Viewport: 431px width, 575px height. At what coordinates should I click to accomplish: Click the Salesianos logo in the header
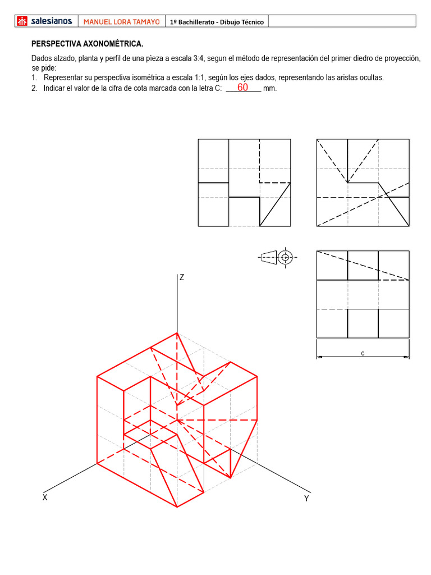click(45, 21)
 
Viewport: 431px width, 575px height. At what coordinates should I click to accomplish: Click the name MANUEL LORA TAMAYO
click(121, 22)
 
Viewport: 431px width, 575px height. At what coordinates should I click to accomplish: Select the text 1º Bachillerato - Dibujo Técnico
click(217, 22)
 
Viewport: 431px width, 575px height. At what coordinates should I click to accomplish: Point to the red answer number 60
click(242, 88)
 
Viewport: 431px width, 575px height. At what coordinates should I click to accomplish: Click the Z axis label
click(182, 277)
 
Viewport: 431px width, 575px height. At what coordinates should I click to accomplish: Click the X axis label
click(44, 498)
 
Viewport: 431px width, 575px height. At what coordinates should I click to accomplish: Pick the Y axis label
click(306, 499)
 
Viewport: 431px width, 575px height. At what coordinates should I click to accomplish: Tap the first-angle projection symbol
click(278, 257)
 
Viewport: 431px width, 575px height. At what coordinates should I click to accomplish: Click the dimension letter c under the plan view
click(363, 353)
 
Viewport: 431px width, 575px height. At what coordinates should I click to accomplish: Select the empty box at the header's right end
click(342, 21)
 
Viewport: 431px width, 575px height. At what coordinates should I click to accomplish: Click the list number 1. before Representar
click(35, 77)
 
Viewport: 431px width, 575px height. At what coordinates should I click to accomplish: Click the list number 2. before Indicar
click(35, 89)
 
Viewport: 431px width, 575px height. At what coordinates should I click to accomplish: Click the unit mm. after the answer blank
click(270, 89)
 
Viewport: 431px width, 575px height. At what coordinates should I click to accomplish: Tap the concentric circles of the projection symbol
click(286, 257)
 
